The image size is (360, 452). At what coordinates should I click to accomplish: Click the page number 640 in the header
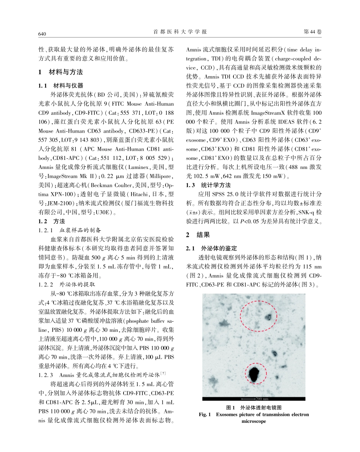[42, 34]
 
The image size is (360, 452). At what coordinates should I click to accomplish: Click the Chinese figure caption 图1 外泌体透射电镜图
[254, 407]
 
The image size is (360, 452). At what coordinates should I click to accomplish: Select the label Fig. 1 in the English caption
[205, 414]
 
